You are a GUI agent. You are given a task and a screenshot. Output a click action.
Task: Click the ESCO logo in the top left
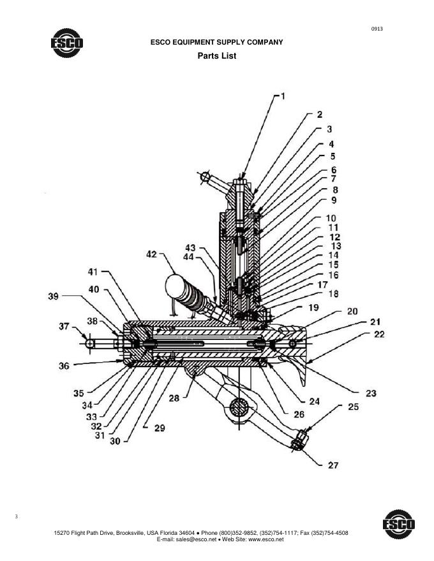tap(67, 43)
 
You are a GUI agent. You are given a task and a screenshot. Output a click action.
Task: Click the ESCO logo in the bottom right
tap(399, 524)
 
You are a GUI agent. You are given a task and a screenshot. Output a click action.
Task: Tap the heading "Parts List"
tap(216, 56)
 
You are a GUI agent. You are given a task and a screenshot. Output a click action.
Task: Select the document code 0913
tap(377, 29)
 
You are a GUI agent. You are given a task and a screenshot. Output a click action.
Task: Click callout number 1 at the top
tap(283, 96)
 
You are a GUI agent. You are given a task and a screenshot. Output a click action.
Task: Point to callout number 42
tap(152, 254)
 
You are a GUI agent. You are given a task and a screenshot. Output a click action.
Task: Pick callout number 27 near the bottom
tap(333, 465)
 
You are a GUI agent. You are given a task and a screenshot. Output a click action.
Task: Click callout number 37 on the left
tap(64, 326)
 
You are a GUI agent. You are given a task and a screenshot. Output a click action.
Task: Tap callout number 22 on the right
tap(379, 334)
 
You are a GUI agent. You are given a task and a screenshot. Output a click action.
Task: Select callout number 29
tap(160, 428)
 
